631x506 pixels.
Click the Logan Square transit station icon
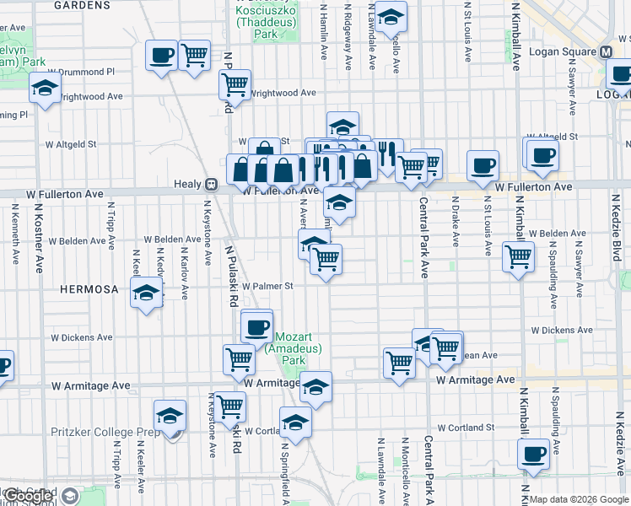[606, 51]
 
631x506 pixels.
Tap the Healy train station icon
[212, 184]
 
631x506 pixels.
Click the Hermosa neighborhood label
[89, 289]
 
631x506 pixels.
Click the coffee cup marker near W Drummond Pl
[161, 56]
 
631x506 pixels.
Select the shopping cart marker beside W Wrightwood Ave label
[235, 83]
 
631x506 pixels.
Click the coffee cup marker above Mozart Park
[256, 325]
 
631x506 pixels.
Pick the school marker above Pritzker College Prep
[170, 416]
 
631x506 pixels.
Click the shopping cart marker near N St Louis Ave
[518, 255]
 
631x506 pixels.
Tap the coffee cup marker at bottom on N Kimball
[533, 454]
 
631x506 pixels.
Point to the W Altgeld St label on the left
[73, 144]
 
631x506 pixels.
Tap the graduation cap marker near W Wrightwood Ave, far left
[45, 88]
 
